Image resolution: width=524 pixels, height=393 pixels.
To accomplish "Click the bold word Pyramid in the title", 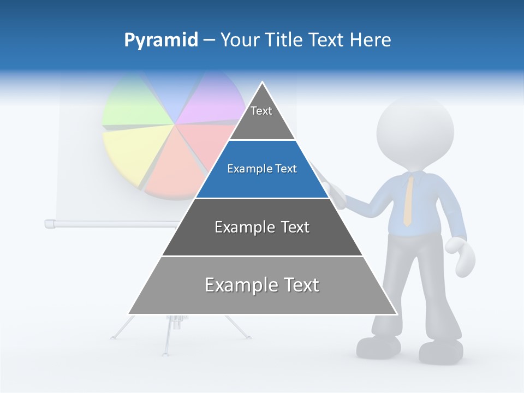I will pyautogui.click(x=160, y=40).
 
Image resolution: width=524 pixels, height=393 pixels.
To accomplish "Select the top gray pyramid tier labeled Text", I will pyautogui.click(x=262, y=117).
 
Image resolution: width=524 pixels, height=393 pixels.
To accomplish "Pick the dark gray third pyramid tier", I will pyautogui.click(x=262, y=228).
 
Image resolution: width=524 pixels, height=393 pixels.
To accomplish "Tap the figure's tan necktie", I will pyautogui.click(x=408, y=199).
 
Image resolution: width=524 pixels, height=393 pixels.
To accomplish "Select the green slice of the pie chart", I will pyautogui.click(x=131, y=104).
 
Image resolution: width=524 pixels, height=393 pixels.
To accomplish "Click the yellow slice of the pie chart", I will pyautogui.click(x=128, y=150).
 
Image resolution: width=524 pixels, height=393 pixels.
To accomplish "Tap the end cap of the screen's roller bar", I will pyautogui.click(x=49, y=223).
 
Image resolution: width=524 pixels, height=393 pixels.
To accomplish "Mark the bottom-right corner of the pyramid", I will pyautogui.click(x=397, y=314).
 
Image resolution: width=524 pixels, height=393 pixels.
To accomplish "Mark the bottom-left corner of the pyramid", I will pyautogui.click(x=128, y=314).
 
